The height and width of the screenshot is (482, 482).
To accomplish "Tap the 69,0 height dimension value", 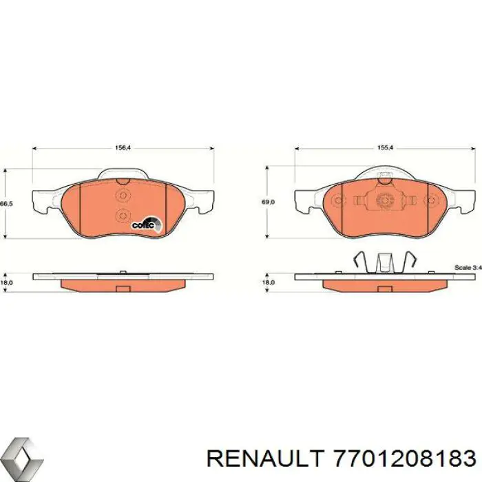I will [x=269, y=202].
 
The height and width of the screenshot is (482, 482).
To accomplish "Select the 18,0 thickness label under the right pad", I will [x=269, y=282].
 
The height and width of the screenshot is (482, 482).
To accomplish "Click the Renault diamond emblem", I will [x=21, y=457].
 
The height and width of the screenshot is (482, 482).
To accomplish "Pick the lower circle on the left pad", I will [x=123, y=215].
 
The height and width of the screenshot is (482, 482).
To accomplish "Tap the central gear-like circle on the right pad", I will [x=385, y=202].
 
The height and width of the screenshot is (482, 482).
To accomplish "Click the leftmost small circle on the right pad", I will [x=337, y=202].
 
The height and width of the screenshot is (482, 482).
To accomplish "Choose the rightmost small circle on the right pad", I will [x=432, y=202].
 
